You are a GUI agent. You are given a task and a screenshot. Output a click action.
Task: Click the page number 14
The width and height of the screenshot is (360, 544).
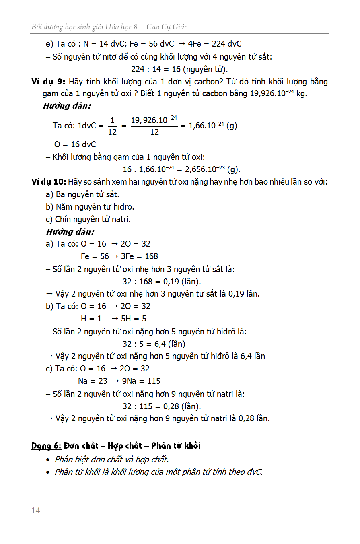[x=36, y=511]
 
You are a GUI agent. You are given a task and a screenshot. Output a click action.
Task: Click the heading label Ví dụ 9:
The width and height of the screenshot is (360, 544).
[x=48, y=82]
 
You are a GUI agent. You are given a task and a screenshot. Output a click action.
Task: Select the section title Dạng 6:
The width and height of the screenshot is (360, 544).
[x=46, y=445]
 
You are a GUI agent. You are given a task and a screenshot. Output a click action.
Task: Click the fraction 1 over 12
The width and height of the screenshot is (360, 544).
[x=112, y=126]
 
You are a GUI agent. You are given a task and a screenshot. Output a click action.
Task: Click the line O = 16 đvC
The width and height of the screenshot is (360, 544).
[x=75, y=144]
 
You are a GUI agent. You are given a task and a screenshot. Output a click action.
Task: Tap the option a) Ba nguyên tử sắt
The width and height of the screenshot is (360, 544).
[x=82, y=194]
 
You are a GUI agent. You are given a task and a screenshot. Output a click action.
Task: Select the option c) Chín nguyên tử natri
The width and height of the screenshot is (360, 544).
[x=88, y=219]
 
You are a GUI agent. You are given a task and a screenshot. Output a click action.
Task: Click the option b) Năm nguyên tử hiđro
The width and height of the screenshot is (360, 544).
[x=90, y=207]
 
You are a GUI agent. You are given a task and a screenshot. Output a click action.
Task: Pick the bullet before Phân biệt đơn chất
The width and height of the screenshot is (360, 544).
[x=49, y=460]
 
